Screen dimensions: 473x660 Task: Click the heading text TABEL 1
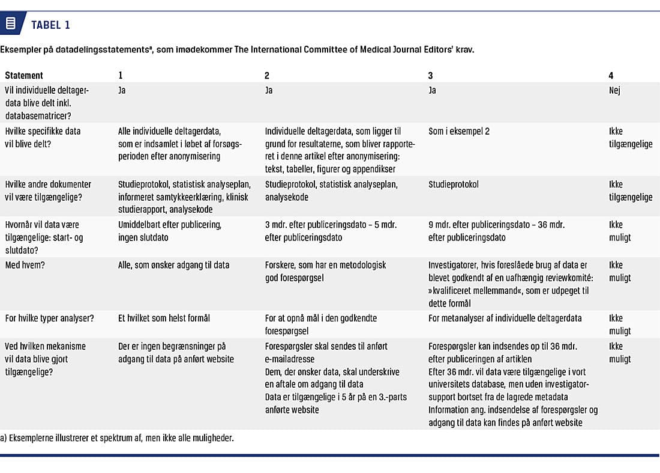[x=51, y=25]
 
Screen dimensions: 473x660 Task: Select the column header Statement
[x=24, y=76]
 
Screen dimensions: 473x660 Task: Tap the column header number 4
[x=611, y=76]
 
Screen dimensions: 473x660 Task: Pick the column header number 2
[x=267, y=76]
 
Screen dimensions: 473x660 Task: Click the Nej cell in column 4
[x=614, y=90]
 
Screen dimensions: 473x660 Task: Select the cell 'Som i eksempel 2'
[x=459, y=131]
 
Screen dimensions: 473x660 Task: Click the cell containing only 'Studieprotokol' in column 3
[x=454, y=185]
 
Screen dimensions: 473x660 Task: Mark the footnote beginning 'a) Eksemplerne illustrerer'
[x=117, y=438]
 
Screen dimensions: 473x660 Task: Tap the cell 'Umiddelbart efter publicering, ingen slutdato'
[x=170, y=231]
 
